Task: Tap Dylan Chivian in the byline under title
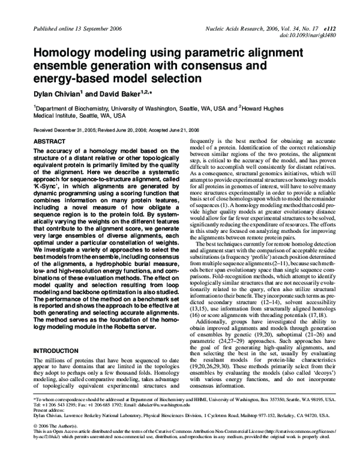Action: [58, 94]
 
